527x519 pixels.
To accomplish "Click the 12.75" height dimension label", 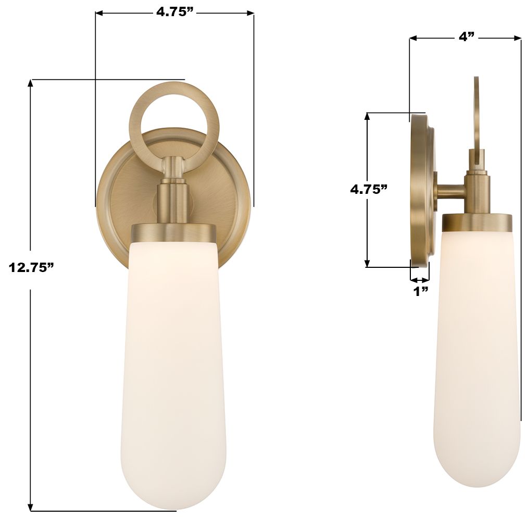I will coord(31,268).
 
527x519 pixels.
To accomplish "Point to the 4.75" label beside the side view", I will coord(369,189).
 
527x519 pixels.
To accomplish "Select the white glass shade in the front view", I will coord(173,365).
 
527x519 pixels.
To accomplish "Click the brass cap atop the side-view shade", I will coord(477,223).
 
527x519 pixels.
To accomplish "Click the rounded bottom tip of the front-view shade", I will coord(173,505).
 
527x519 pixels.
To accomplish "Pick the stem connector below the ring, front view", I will coord(173,198).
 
